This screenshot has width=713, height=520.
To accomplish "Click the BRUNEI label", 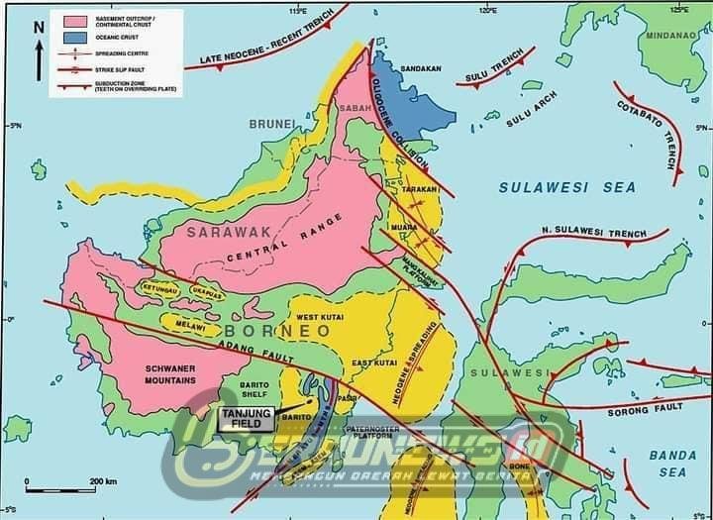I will point(272,124).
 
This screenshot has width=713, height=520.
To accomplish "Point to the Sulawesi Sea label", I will point(566,187).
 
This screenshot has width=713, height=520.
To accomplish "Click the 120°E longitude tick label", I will point(486,10).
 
